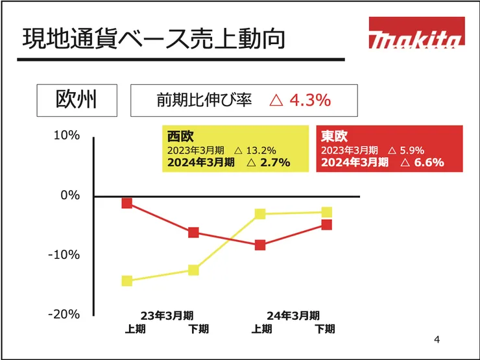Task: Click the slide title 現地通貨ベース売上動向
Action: coord(154,39)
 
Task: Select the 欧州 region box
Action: coord(76,100)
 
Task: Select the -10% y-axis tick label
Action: coord(64,254)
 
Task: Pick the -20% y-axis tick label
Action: coord(64,314)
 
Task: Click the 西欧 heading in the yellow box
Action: coord(180,136)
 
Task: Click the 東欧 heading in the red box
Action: coord(335,136)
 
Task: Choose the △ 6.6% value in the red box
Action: coord(422,162)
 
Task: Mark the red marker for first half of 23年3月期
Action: coord(127,203)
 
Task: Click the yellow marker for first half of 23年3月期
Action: coord(127,281)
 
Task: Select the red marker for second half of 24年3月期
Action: coord(327,224)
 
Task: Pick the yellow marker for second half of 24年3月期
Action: coord(327,212)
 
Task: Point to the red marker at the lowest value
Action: coord(260,245)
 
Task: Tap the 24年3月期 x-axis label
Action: coord(293,316)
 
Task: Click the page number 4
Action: coord(437,339)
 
